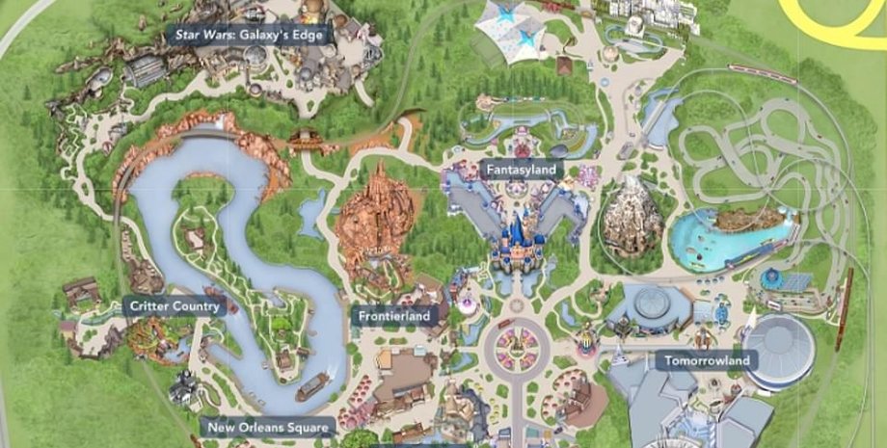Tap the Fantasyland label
(x=521, y=170)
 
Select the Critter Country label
(x=173, y=306)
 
